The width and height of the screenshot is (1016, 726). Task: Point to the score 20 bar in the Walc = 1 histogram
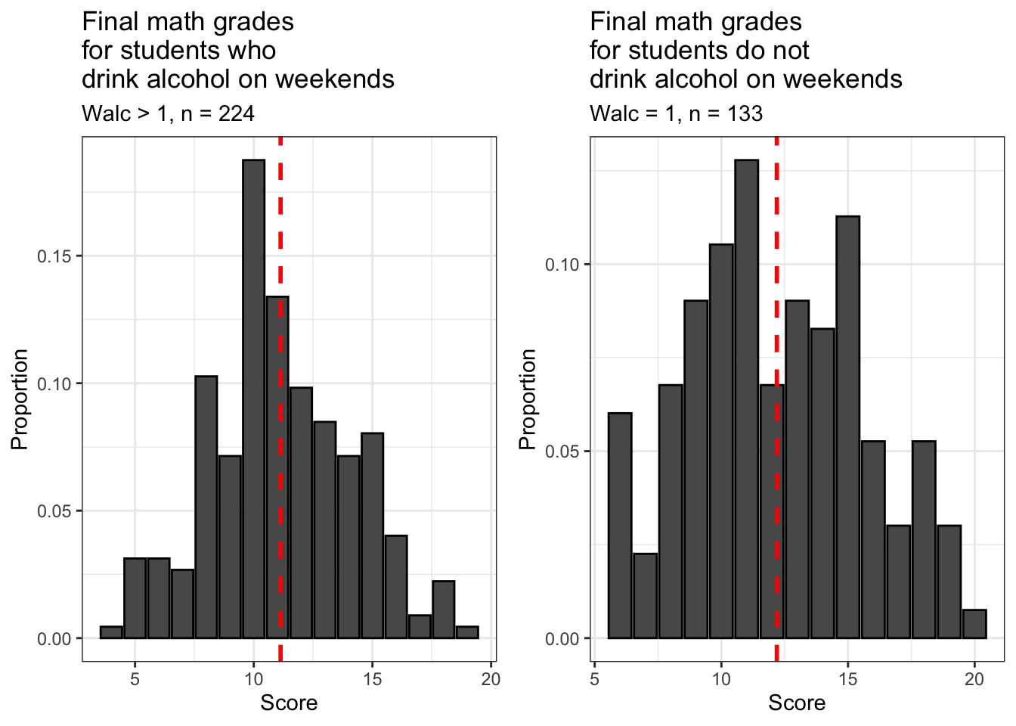coord(974,625)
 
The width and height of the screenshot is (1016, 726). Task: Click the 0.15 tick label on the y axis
coord(54,256)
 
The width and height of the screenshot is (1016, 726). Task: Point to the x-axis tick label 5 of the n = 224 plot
coord(135,679)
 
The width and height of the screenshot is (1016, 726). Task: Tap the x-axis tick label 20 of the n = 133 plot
coord(974,679)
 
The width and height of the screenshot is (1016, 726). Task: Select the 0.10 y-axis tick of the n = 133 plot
coord(562,265)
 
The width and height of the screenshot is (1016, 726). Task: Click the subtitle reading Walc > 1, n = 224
coord(168,113)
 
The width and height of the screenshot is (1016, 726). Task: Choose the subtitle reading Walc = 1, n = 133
coord(676,113)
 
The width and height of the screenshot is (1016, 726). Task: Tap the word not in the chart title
coord(789,51)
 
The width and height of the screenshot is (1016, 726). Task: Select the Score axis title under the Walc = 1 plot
coord(797,703)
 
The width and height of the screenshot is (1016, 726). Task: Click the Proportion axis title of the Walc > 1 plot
coord(20,399)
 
